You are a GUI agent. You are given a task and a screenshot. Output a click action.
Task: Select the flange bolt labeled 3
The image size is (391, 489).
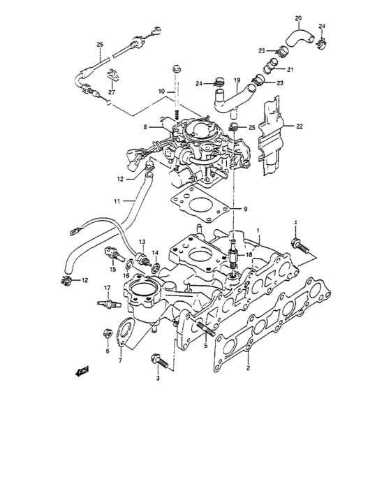click(x=157, y=361)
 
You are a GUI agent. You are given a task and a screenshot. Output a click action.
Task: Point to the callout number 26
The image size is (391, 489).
click(x=99, y=45)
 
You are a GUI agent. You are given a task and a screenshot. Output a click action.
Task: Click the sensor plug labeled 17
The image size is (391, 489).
click(x=105, y=304)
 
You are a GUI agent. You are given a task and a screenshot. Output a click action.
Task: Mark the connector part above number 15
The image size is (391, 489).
click(x=109, y=251)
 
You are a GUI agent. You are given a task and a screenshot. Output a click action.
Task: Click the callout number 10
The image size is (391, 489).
click(x=161, y=92)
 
